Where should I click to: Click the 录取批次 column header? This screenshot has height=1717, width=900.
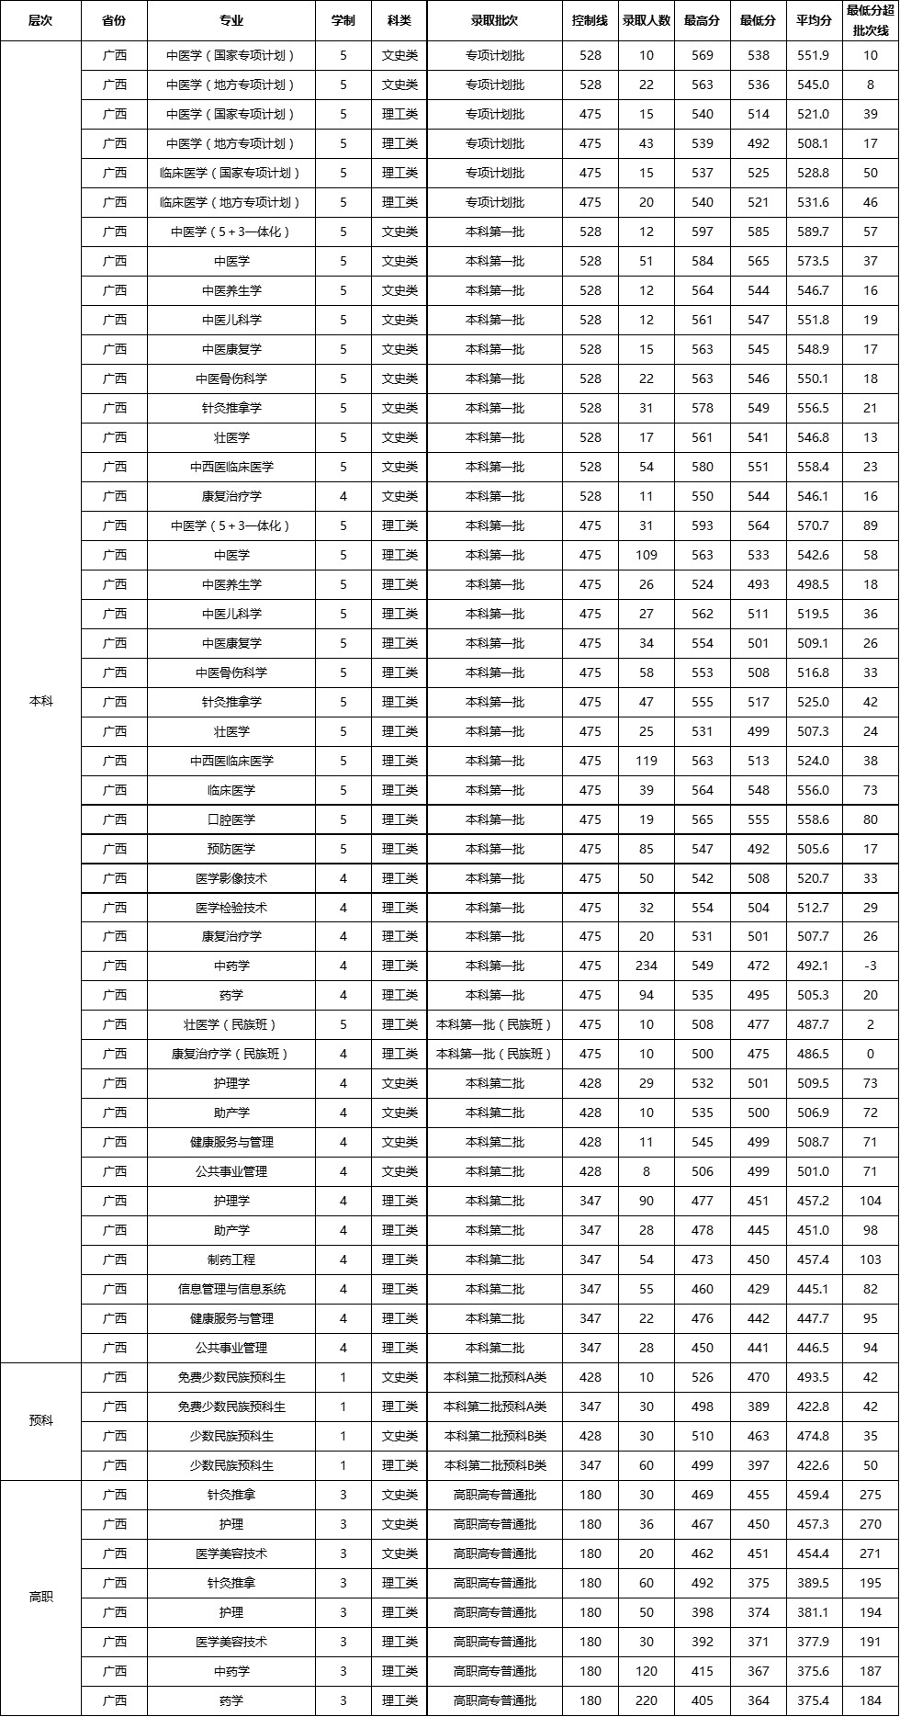495,20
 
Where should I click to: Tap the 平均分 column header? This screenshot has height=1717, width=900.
814,20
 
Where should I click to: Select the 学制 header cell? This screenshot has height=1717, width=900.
343,20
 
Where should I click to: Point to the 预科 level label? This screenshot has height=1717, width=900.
41,1420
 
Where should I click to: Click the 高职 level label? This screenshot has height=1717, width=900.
41,1597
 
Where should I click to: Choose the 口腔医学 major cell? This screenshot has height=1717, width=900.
231,819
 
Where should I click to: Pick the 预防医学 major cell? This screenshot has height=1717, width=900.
231,849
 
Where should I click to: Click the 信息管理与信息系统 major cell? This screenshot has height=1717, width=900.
231,1289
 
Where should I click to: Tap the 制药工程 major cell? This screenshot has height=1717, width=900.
231,1260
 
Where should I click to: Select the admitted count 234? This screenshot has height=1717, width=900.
647,966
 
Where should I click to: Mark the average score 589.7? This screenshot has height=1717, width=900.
814,232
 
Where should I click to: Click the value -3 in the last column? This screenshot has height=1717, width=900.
870,966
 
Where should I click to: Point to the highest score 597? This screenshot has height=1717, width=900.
703,232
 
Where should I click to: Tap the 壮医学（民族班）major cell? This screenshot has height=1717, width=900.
231,1024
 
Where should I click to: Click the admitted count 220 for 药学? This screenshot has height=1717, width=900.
647,1700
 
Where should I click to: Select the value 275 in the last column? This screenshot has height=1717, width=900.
870,1495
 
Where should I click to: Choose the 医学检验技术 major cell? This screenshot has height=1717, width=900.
231,908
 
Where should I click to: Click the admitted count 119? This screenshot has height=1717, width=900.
647,761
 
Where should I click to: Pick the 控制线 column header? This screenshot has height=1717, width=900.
591,20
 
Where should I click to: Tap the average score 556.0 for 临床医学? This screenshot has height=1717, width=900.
814,790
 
